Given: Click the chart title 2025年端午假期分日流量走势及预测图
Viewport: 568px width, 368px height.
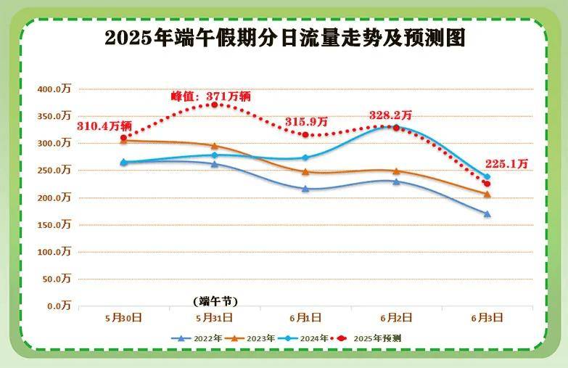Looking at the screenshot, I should coord(284,38).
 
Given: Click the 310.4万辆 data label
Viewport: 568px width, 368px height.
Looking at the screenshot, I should coord(104,126).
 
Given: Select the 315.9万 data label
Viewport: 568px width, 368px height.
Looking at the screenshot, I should coord(307,121).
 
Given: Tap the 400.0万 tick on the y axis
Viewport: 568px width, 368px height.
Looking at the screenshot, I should coord(55,89).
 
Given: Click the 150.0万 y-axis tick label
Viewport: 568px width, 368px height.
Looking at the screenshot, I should coord(55,225).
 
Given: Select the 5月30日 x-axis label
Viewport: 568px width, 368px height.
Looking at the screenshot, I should coord(123,317).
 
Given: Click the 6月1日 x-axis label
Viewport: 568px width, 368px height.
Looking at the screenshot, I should coord(305,317).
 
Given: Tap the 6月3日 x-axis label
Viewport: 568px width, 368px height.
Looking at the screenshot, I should coord(487,317).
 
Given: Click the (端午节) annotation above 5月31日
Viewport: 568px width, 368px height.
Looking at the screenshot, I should coord(215,300).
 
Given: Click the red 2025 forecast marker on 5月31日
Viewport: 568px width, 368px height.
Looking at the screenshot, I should coord(215,105).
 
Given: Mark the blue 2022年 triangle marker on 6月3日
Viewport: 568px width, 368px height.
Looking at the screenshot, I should coord(487,214).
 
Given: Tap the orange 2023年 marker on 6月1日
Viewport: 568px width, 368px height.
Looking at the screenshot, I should coord(305,172).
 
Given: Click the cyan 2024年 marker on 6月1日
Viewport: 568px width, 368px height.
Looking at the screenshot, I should coord(305,158).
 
